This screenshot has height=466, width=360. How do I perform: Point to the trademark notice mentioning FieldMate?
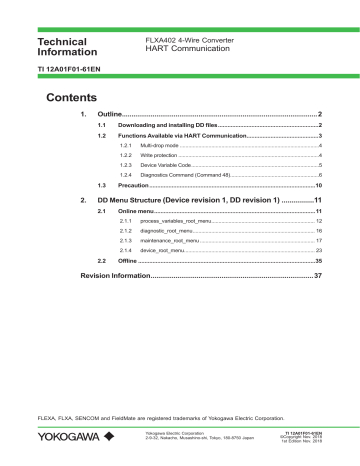(x=149, y=413)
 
